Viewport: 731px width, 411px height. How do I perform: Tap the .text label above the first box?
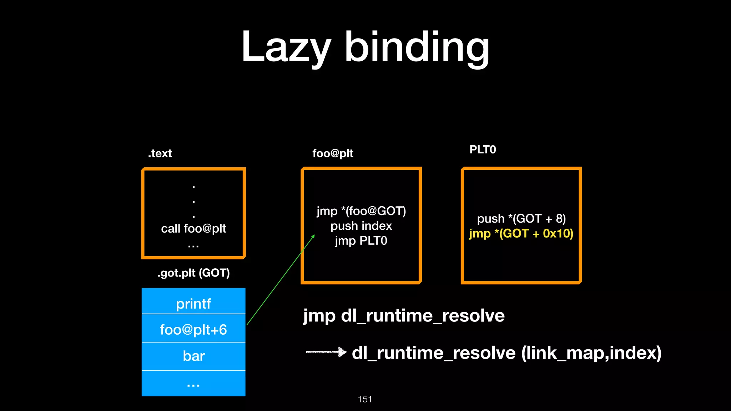(160, 153)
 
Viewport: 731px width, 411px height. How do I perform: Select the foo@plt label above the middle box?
(333, 153)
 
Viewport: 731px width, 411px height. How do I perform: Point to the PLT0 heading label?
(483, 149)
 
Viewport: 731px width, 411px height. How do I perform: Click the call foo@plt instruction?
(193, 228)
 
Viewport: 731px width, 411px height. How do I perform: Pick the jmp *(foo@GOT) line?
(361, 211)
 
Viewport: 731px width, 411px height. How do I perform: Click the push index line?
(361, 226)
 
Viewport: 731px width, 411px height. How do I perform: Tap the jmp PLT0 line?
(361, 241)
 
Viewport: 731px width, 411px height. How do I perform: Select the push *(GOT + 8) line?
(521, 218)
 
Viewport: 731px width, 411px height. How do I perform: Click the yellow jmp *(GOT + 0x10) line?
(521, 233)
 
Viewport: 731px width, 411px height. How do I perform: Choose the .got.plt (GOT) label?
(193, 273)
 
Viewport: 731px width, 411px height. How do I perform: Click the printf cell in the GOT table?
(193, 304)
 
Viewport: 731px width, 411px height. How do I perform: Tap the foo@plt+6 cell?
(193, 329)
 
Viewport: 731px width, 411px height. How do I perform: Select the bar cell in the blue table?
(193, 356)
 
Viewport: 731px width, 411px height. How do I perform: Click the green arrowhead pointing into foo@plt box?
(313, 236)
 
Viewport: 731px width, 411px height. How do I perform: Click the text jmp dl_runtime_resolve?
(404, 316)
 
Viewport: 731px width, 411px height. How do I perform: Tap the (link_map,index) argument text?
(591, 353)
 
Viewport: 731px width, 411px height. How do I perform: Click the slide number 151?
(365, 399)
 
